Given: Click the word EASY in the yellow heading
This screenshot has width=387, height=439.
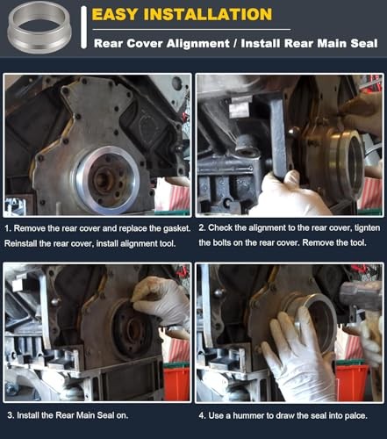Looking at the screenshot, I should pos(118,14).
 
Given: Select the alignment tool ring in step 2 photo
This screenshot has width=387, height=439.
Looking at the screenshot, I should pos(338,162).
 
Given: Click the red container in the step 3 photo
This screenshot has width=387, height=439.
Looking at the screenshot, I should pos(176,381).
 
